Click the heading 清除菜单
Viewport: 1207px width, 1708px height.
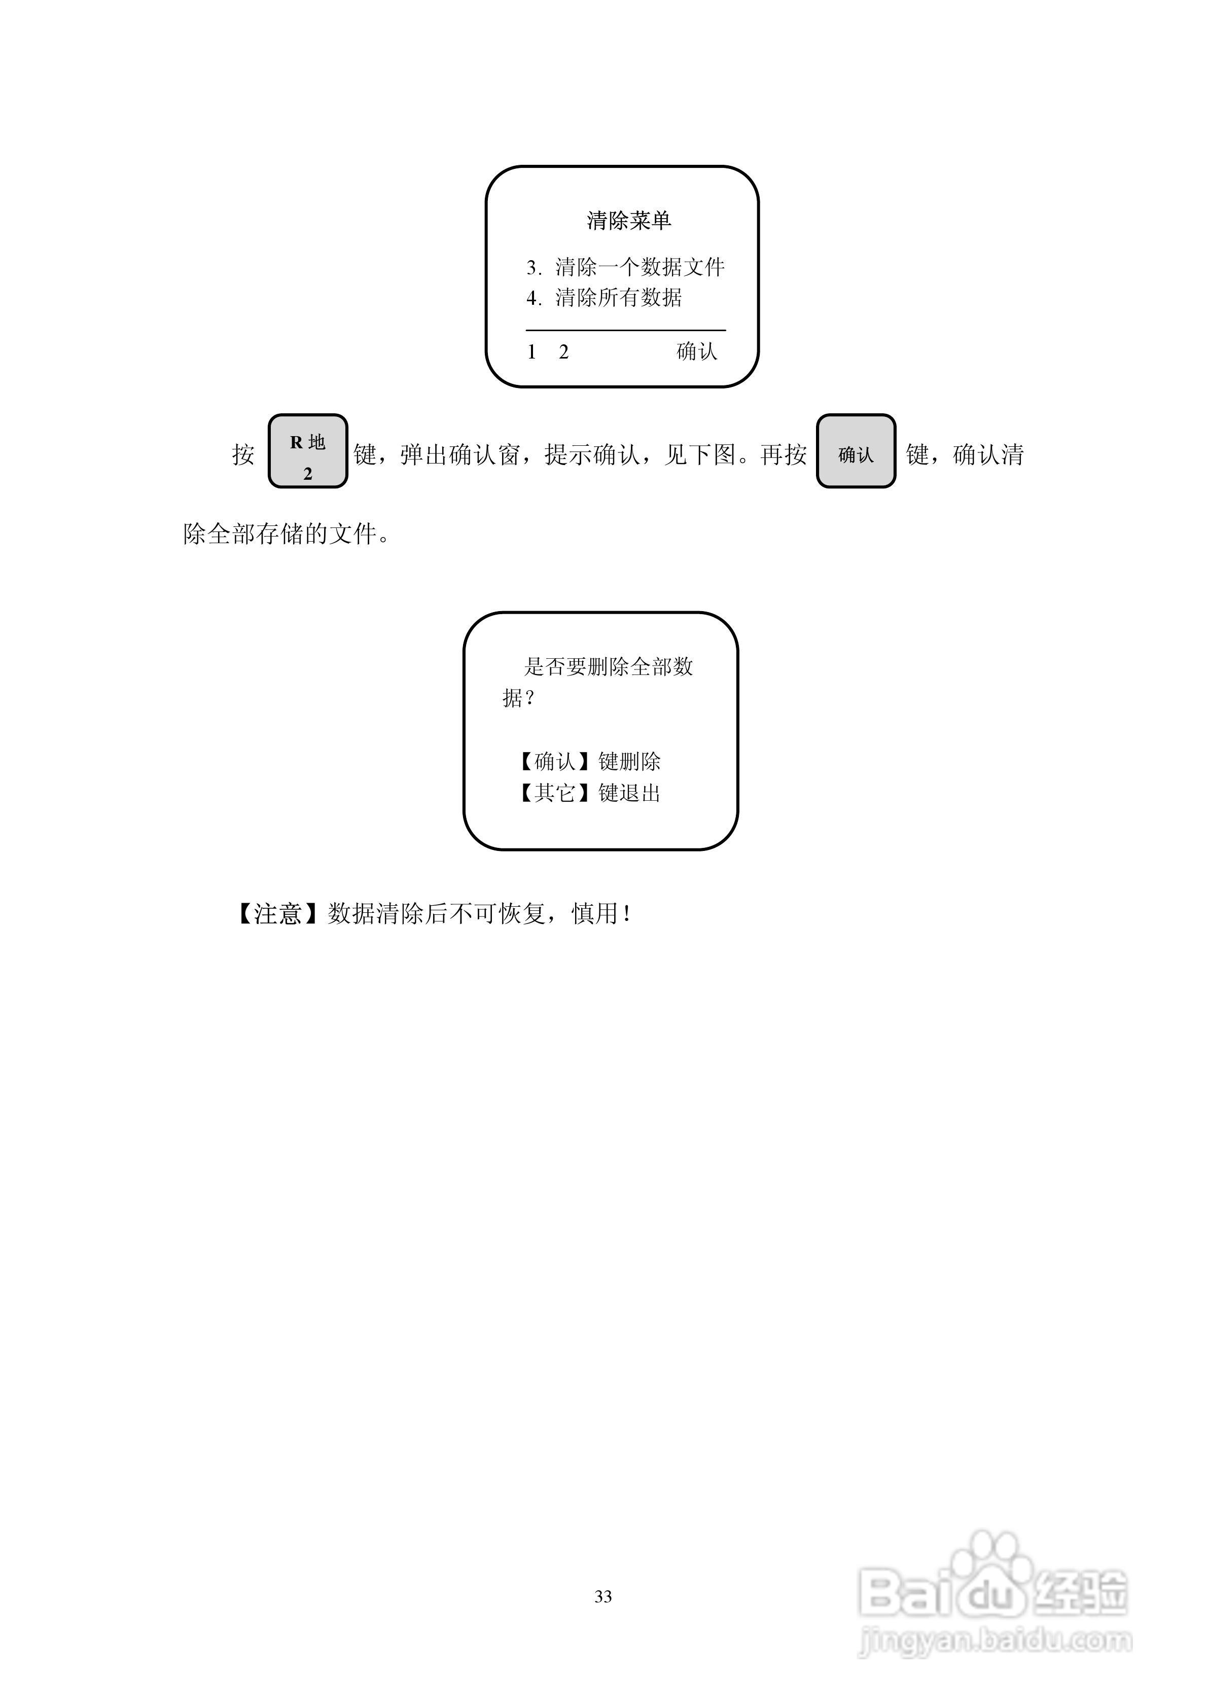[x=629, y=221]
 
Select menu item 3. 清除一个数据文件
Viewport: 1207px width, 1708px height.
[x=625, y=267]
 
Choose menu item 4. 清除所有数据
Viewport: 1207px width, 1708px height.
[x=604, y=298]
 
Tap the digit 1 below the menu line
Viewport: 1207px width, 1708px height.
[x=531, y=352]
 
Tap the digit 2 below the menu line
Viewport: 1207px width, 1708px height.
[x=563, y=352]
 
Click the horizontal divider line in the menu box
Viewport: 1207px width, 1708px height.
[x=625, y=330]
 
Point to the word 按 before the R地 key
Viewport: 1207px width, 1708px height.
[x=243, y=454]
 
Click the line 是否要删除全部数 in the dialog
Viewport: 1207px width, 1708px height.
[x=609, y=666]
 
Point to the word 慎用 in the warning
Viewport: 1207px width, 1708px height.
[x=595, y=913]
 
